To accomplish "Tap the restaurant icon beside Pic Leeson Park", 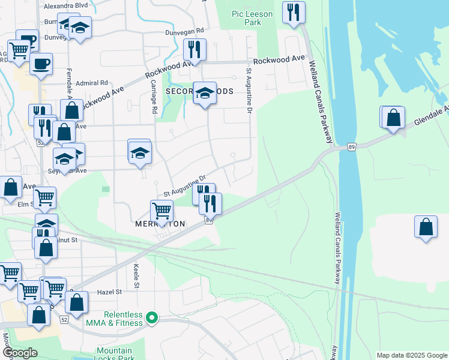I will (x=294, y=12).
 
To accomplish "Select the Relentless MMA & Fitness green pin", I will (x=152, y=318).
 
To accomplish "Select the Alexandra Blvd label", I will (x=65, y=6).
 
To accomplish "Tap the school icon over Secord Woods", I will (x=205, y=93).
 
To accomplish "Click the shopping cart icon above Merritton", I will (x=161, y=211).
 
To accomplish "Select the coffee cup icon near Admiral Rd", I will (x=41, y=64).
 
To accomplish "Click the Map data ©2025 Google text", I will (x=411, y=355).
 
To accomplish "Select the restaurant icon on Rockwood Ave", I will (x=194, y=50).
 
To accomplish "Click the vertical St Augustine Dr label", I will (x=248, y=91).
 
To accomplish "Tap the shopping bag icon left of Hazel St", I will (x=76, y=302).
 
